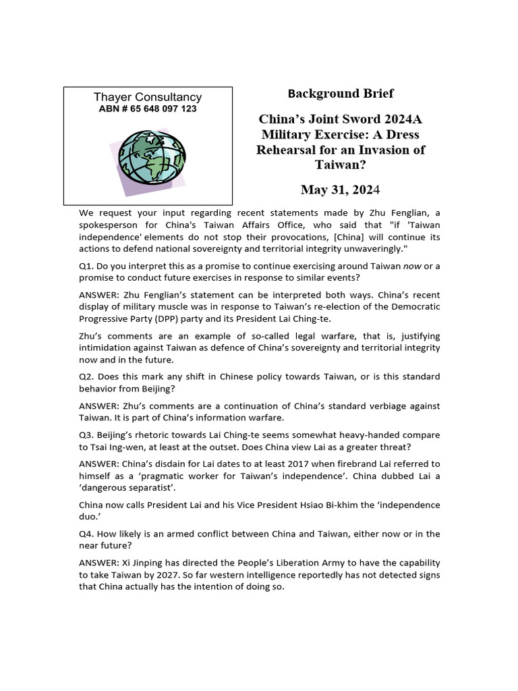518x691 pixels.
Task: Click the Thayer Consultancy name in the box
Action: pos(148,97)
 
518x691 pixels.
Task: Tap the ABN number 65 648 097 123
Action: pos(148,109)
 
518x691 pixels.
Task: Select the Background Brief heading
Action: pos(341,93)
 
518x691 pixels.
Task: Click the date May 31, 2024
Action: pos(341,190)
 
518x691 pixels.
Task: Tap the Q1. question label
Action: pos(87,266)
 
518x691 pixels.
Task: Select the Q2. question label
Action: pos(87,376)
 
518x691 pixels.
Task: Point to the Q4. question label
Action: pos(87,533)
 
